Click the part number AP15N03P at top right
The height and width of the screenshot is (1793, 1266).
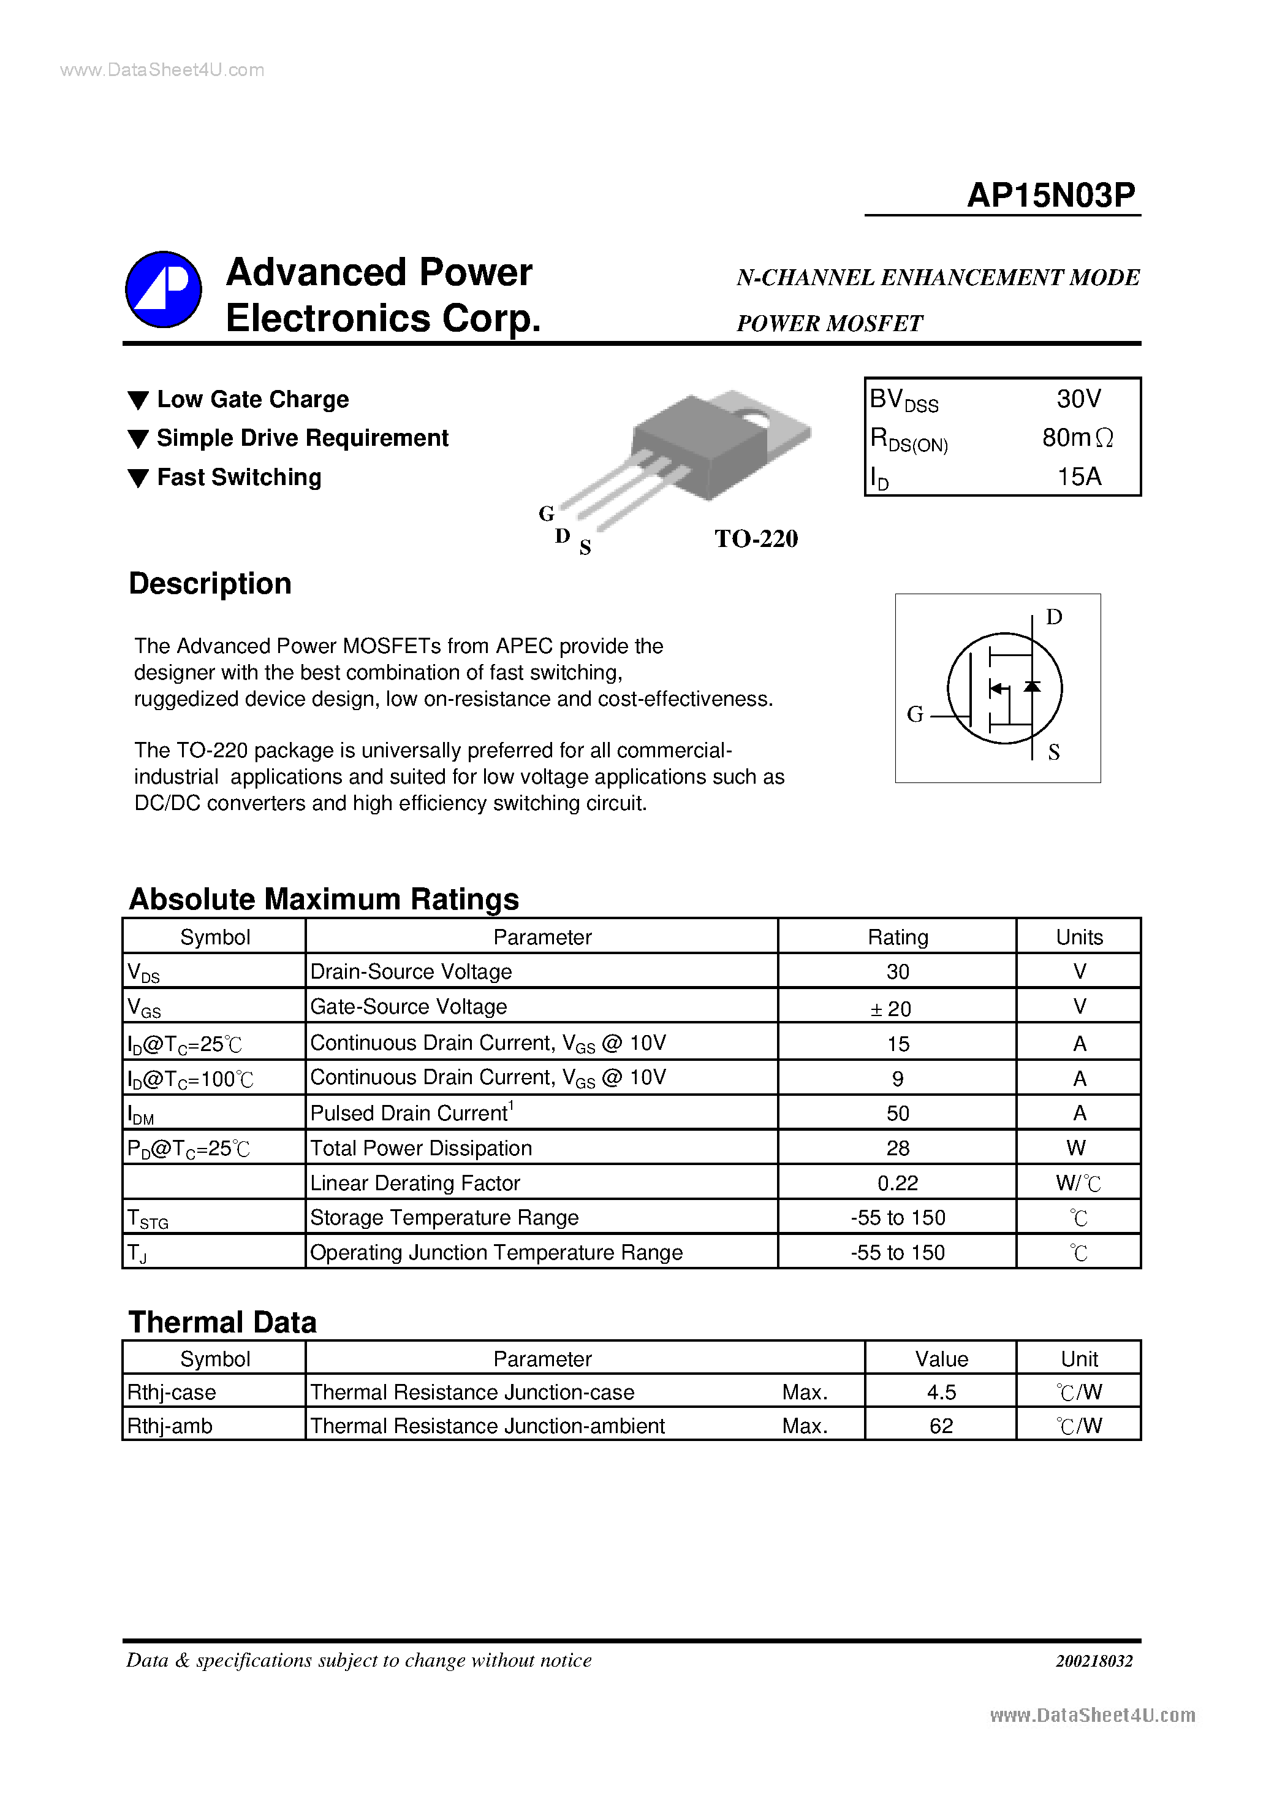pos(1050,195)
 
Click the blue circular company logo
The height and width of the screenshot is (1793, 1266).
pos(164,289)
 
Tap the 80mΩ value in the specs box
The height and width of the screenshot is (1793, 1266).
pos(1077,438)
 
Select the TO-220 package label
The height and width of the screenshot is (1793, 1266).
pos(756,539)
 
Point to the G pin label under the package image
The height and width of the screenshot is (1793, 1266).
pos(547,514)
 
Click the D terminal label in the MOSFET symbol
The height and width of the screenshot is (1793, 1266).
pos(1054,617)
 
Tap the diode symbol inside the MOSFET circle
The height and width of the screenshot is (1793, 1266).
pos(1032,686)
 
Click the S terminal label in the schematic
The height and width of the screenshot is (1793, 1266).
pos(1054,752)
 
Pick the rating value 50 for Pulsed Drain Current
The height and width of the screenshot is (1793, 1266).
pos(898,1114)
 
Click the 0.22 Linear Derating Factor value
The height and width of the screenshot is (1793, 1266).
pos(898,1183)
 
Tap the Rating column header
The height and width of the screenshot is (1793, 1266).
pos(898,937)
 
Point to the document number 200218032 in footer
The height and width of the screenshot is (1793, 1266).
pos(1094,1661)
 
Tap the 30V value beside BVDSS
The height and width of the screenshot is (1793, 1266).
pos(1078,399)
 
